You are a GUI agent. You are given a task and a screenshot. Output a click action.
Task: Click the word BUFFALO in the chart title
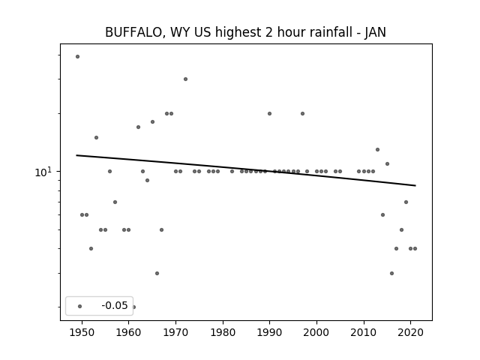tap(133, 32)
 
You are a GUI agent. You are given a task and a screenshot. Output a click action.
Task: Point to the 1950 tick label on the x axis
tap(82, 332)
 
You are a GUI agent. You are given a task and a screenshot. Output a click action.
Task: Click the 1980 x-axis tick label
tap(223, 332)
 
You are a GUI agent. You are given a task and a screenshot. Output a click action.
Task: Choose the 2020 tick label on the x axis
tap(411, 332)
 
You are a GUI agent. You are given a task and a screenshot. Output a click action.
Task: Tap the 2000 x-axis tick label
tap(316, 332)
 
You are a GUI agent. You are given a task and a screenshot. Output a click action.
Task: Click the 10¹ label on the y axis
tap(42, 172)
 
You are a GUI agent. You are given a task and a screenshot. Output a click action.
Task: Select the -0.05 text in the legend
tap(115, 305)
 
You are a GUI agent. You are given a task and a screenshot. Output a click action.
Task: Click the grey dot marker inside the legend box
tap(80, 306)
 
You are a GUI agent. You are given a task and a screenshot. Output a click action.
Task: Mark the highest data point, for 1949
tap(77, 57)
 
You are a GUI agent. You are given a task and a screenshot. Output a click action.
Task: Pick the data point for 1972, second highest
tap(185, 79)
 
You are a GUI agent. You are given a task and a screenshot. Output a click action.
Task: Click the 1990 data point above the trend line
tap(270, 113)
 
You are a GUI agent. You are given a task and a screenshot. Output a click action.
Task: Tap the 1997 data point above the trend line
tap(302, 113)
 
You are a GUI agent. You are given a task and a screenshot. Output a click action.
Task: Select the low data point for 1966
tap(157, 273)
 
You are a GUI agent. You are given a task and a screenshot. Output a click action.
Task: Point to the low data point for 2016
tap(391, 273)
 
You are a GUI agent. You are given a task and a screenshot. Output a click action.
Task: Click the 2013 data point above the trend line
tap(378, 150)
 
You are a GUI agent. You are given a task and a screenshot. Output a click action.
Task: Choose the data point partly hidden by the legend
tap(133, 307)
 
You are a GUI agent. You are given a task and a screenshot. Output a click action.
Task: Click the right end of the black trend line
tap(415, 185)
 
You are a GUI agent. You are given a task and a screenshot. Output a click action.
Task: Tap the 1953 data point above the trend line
tap(97, 137)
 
